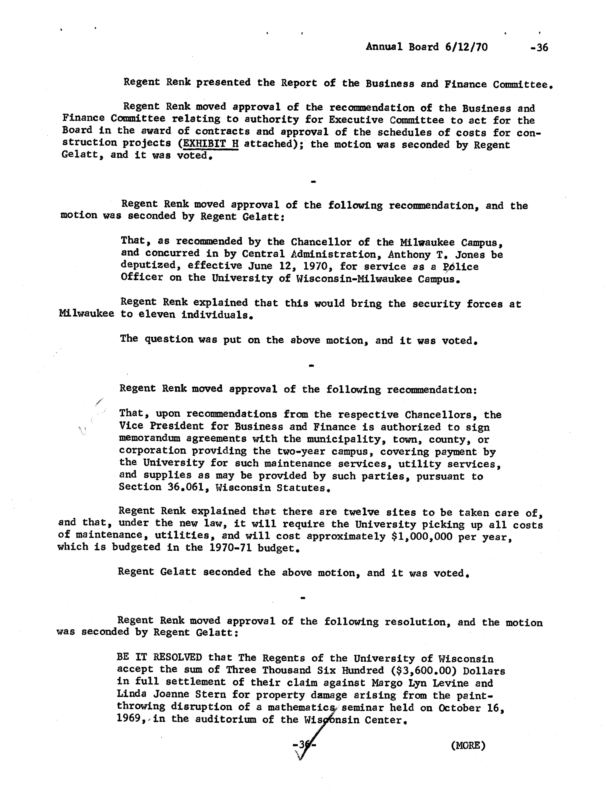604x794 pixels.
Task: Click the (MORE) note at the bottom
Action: (x=468, y=746)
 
